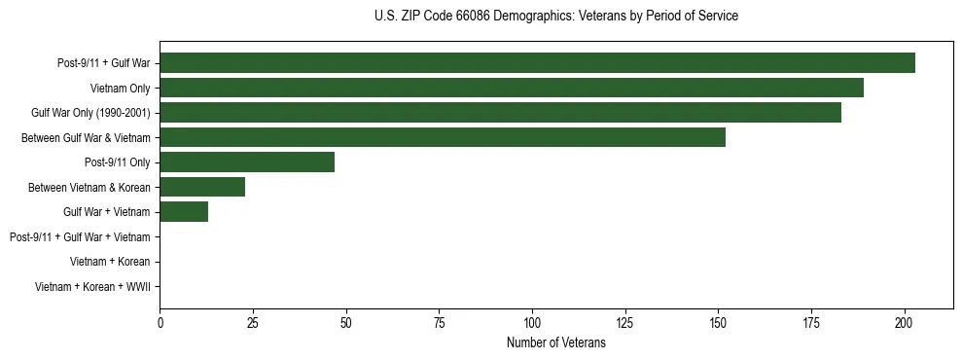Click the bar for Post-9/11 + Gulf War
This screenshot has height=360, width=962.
(537, 63)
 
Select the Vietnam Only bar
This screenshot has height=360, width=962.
(512, 89)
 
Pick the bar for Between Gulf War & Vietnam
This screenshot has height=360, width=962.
(443, 137)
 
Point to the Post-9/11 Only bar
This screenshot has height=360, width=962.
(247, 162)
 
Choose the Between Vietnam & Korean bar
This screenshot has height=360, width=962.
(202, 187)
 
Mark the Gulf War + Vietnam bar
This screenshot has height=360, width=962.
(184, 211)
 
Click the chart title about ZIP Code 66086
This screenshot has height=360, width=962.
(555, 17)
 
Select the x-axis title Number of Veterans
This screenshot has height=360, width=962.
(555, 342)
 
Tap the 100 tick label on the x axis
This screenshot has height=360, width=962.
(532, 322)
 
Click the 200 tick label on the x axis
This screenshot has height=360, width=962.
(905, 322)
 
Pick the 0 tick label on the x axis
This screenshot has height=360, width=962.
(160, 322)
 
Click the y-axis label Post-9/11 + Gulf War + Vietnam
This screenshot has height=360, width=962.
(79, 236)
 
